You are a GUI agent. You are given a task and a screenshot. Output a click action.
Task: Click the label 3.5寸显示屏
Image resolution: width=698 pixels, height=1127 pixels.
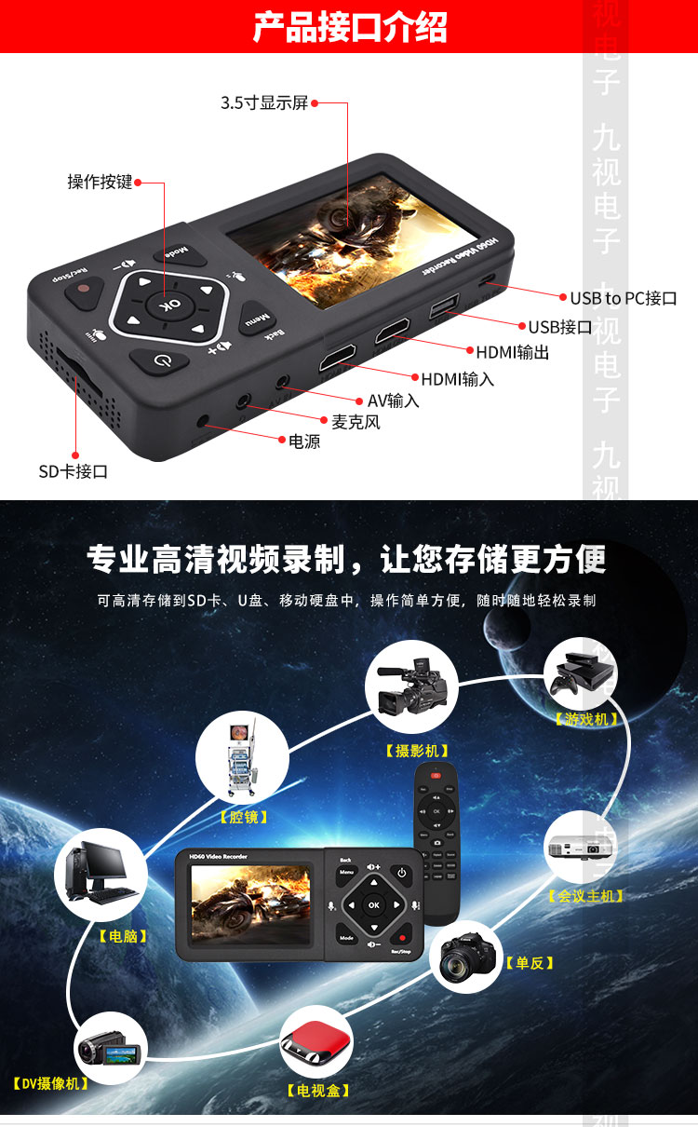point(263,102)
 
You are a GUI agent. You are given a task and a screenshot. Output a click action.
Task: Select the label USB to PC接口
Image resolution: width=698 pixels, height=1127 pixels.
point(623,298)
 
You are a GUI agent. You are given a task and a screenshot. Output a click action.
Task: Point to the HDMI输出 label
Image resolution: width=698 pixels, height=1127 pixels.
point(512,352)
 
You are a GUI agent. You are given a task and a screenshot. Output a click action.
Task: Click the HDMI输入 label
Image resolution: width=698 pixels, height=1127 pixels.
point(457,379)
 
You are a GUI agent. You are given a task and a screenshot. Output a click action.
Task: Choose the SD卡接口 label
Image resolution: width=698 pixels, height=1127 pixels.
point(73,471)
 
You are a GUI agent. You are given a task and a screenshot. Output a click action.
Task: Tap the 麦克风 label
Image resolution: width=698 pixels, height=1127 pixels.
point(356,422)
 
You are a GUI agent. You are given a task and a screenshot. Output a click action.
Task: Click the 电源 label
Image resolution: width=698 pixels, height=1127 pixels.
point(304,441)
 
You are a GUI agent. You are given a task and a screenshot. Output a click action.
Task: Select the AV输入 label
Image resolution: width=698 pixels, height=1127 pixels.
point(393,401)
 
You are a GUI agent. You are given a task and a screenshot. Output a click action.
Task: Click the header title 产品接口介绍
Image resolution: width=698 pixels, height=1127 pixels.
point(349,27)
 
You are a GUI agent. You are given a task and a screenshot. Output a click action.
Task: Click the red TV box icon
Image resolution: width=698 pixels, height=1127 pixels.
point(316,1041)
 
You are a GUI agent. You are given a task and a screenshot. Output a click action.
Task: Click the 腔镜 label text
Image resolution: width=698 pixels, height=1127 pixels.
point(243,817)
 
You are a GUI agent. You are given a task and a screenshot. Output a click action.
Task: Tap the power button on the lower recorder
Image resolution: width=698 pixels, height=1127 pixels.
point(402,874)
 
